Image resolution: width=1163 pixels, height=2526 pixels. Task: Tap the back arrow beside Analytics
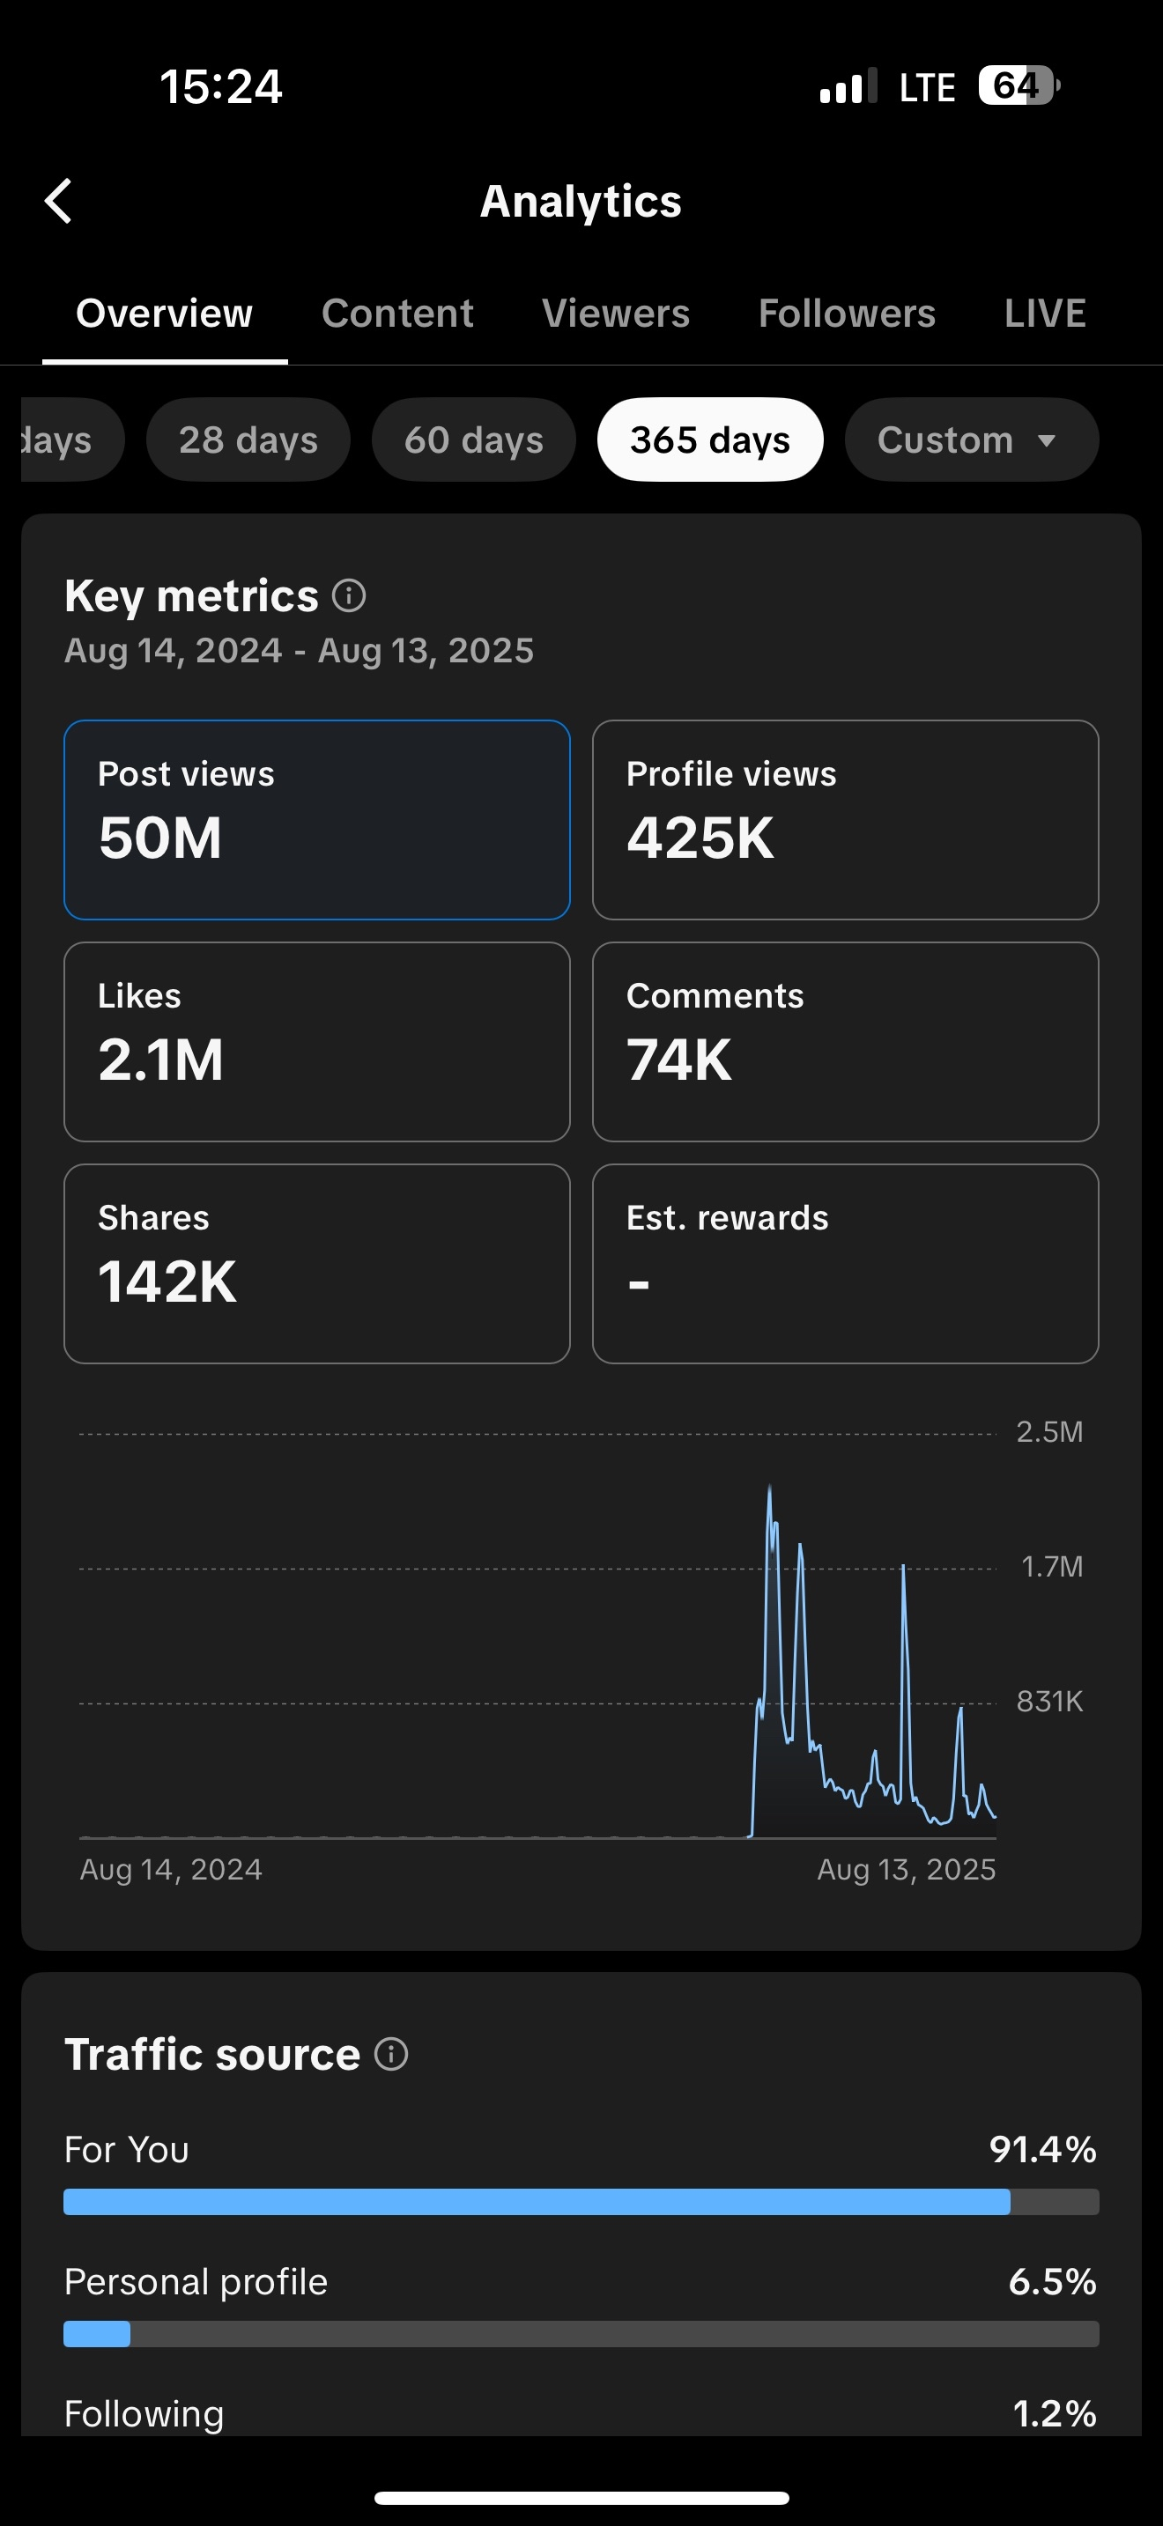coord(59,201)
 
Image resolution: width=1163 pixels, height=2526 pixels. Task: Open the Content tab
coord(397,314)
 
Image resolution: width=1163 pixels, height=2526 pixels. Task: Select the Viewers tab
coord(616,314)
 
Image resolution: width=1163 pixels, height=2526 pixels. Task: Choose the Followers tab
coord(847,314)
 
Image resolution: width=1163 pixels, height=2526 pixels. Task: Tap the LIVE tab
coord(1044,314)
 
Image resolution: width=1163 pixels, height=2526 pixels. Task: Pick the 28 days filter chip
coord(248,440)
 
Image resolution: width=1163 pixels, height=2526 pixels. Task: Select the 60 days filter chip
coord(474,440)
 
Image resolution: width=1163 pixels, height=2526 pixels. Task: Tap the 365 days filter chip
coord(710,440)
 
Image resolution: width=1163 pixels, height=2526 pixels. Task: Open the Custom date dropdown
coord(971,440)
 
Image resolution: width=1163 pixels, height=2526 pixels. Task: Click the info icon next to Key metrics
coord(349,595)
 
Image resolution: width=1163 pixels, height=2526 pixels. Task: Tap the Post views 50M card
coord(316,820)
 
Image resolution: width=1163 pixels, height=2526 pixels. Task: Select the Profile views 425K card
coord(845,820)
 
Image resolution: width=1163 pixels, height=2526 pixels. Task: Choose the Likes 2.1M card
coord(316,1041)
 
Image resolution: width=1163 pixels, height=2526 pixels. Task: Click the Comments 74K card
coord(845,1041)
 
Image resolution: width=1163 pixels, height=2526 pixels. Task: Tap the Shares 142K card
coord(316,1263)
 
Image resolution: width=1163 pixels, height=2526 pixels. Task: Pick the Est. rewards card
coord(845,1263)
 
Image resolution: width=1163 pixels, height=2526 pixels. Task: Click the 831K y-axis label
coord(1049,1702)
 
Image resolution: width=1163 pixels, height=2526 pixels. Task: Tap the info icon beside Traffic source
coord(391,2053)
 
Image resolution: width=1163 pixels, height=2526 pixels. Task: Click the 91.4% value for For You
coord(1042,2149)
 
